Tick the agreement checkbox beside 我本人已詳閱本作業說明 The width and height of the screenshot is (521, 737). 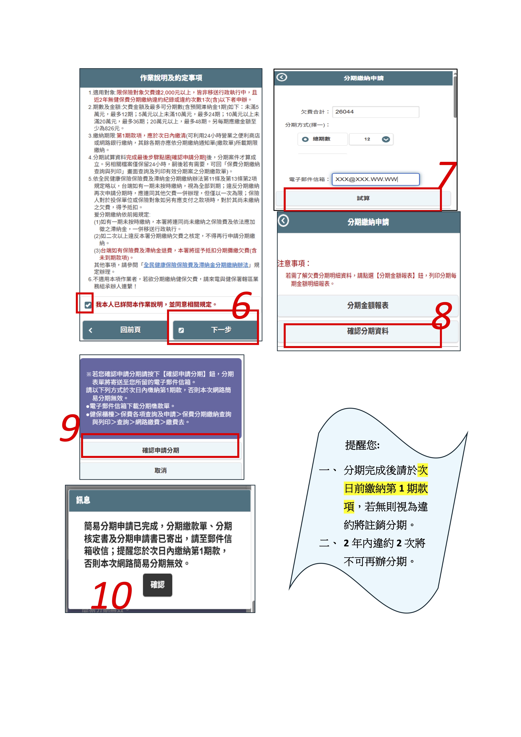tap(88, 305)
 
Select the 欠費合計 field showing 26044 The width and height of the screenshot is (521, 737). tap(375, 112)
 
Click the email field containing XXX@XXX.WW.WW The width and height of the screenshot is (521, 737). tap(375, 179)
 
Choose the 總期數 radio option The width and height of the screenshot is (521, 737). tap(305, 139)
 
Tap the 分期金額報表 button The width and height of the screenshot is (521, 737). tap(368, 305)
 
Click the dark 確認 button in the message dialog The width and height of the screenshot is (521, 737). tap(158, 585)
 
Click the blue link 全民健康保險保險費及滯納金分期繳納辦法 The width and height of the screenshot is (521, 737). tap(196, 265)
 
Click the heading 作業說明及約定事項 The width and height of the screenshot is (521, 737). tap(171, 78)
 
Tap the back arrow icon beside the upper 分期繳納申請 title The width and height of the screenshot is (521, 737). tap(282, 77)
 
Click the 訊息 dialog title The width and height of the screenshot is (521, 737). tap(83, 500)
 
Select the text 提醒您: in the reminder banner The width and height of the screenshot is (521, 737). tap(362, 445)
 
